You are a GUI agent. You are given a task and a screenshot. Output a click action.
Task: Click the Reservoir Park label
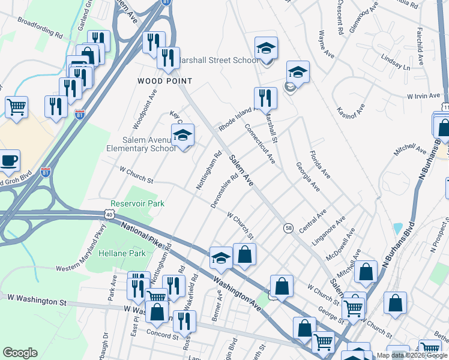click(137, 204)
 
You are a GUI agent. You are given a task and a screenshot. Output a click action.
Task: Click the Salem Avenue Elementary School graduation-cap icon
click(183, 136)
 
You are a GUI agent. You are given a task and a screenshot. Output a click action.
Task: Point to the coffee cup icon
click(9, 160)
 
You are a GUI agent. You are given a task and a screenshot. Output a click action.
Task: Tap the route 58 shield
click(288, 228)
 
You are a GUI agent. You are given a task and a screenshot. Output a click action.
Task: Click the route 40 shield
click(108, 214)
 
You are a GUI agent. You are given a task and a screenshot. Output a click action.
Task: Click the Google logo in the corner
click(20, 353)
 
